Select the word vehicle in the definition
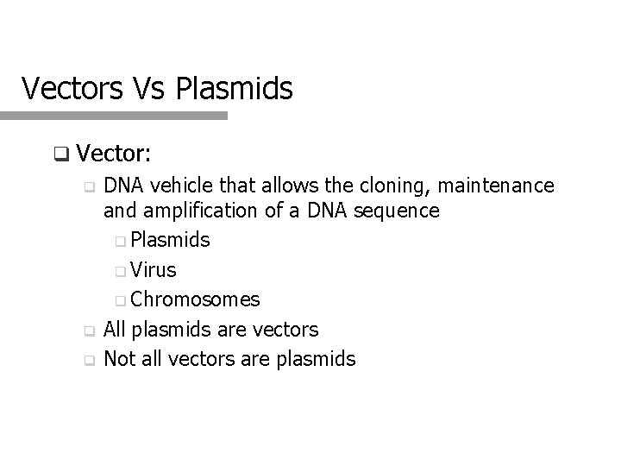tap(176, 186)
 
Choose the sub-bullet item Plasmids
tap(171, 240)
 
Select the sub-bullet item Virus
tap(155, 270)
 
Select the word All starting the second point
tap(115, 329)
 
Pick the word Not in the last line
tap(118, 359)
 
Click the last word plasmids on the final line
tap(316, 359)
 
